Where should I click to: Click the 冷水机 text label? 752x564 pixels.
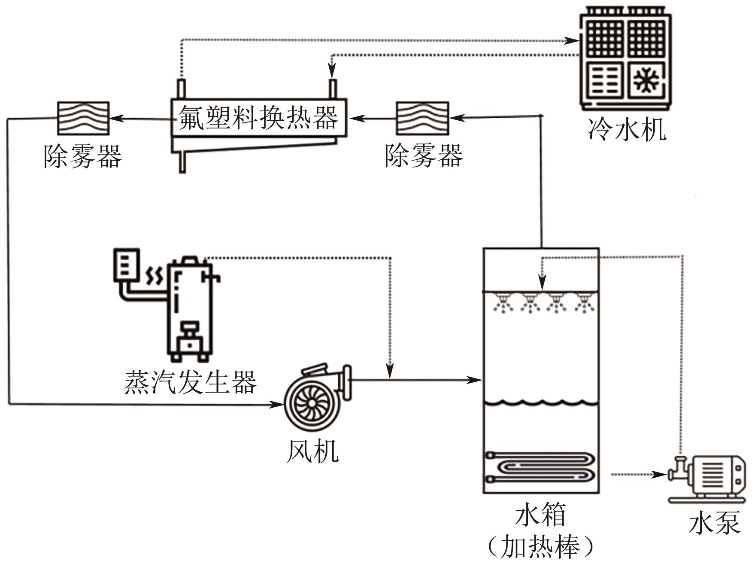point(627,129)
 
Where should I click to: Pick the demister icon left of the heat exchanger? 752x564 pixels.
point(84,118)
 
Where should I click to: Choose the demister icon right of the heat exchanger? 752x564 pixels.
point(422,118)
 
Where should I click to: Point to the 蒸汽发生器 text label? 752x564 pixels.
point(190,382)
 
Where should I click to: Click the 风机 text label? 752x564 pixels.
point(312,451)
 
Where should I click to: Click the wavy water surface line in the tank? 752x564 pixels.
point(541,403)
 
